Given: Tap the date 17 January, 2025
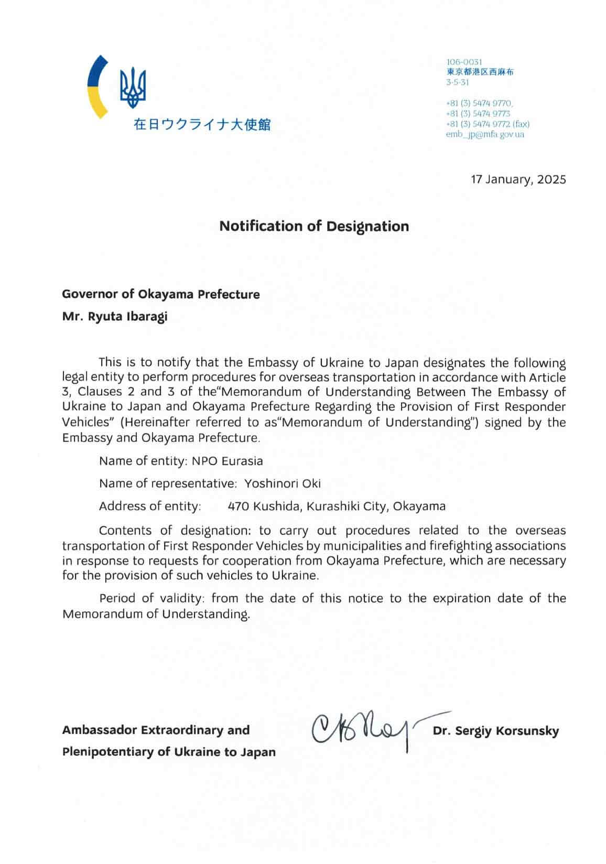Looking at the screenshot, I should pyautogui.click(x=518, y=179).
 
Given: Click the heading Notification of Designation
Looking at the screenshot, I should pyautogui.click(x=313, y=226).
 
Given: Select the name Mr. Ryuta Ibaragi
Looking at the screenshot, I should pyautogui.click(x=115, y=317).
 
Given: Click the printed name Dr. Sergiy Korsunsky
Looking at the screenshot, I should pyautogui.click(x=495, y=731).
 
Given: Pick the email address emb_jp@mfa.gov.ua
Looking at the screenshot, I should pyautogui.click(x=485, y=134).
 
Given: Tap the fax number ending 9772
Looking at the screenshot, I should pyautogui.click(x=488, y=124).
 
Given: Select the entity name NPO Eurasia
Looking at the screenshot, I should pyautogui.click(x=227, y=461).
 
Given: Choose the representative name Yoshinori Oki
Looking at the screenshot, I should pyautogui.click(x=283, y=483).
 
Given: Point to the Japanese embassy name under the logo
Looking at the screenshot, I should pyautogui.click(x=202, y=125).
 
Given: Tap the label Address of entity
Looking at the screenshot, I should pyautogui.click(x=149, y=506).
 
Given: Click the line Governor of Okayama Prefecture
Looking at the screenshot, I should pyautogui.click(x=160, y=294).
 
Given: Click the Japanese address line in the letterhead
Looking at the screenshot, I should pyautogui.click(x=480, y=72).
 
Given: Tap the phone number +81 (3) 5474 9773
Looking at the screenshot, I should pyautogui.click(x=478, y=114).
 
